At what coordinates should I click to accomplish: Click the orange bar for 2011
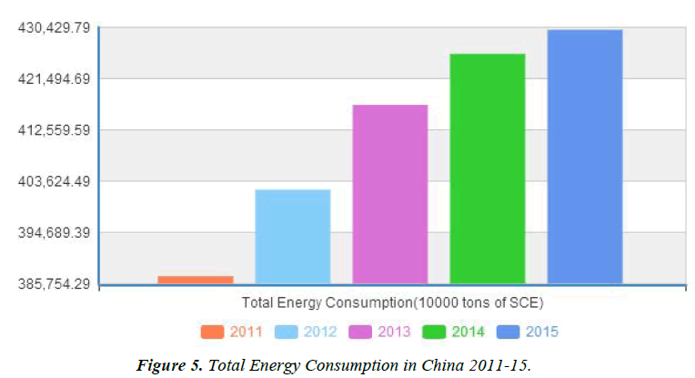(196, 280)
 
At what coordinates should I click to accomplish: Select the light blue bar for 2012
(292, 237)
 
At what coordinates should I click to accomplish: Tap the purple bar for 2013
(389, 194)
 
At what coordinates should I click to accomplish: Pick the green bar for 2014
(487, 169)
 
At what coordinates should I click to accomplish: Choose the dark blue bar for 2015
(584, 157)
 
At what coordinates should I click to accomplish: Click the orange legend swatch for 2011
(212, 332)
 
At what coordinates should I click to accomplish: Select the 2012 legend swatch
(287, 332)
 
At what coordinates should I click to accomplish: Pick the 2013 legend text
(394, 332)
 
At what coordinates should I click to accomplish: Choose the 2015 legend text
(541, 332)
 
